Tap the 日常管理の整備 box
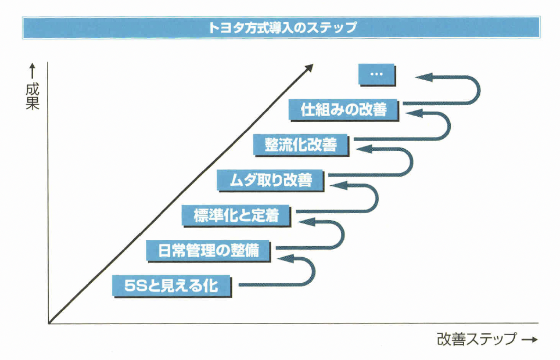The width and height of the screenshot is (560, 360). (x=207, y=250)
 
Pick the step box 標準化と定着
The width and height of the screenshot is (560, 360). (x=236, y=215)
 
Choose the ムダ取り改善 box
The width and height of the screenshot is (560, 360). (x=264, y=181)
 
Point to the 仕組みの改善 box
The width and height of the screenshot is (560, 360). (x=343, y=110)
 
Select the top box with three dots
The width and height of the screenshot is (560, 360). (x=376, y=74)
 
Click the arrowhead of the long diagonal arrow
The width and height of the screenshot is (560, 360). (x=308, y=67)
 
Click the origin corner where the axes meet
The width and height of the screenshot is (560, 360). (x=49, y=322)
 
